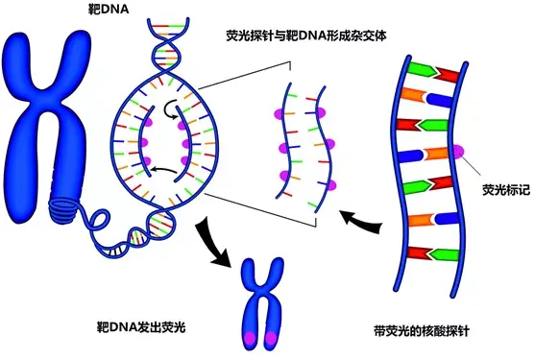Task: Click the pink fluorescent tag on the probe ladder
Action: tap(458, 151)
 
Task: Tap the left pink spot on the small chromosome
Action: tap(249, 338)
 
